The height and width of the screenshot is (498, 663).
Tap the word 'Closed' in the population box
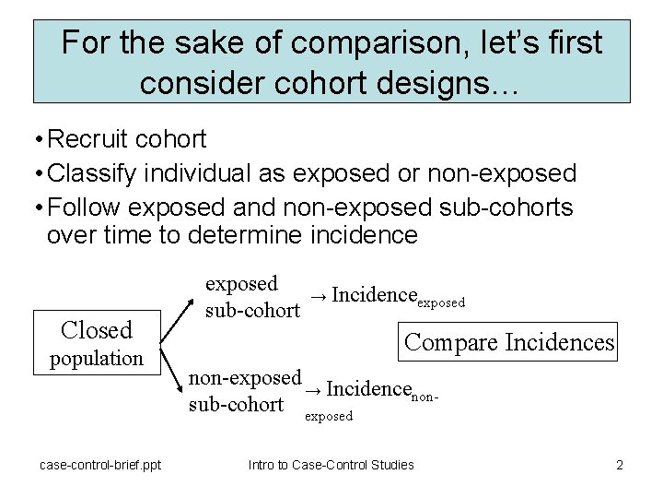tap(96, 329)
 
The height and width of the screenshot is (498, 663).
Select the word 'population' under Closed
tap(96, 358)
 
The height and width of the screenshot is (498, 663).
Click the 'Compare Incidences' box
tap(509, 342)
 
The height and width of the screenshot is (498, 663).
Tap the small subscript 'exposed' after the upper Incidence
tap(442, 302)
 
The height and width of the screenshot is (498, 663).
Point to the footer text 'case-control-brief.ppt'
tap(100, 465)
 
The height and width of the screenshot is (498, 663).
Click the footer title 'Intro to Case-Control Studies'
tap(331, 465)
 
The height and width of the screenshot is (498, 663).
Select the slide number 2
tap(620, 465)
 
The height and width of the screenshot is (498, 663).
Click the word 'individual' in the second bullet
tap(227, 172)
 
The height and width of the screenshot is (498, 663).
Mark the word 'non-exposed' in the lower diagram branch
tap(245, 377)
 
